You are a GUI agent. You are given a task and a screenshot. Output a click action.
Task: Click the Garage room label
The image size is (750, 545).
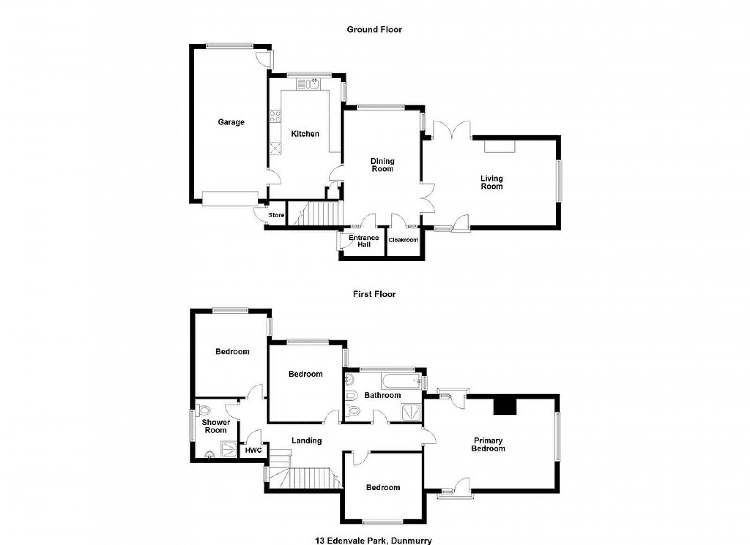pos(231,122)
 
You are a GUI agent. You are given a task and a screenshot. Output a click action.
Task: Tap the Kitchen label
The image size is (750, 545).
pos(305,134)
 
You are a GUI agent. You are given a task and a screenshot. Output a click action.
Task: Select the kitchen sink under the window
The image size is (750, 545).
pos(308,84)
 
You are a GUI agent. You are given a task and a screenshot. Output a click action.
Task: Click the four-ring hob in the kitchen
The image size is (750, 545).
pos(275,117)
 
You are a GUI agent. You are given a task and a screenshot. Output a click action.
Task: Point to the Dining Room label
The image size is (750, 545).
pos(382,165)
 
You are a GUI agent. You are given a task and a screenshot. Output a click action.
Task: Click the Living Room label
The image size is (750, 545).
pos(492,182)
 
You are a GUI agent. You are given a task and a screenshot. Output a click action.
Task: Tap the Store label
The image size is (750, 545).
pos(276,215)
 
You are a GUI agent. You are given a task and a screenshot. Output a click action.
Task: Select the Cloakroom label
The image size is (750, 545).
pos(403,240)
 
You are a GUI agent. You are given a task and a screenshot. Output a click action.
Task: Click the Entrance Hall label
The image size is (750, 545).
pos(364,241)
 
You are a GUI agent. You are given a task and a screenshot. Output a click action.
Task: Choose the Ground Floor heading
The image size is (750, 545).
pos(375,29)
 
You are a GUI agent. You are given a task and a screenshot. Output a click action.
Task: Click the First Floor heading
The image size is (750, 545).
pos(375,294)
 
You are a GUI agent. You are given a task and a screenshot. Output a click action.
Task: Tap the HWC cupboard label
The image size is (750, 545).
pos(254,450)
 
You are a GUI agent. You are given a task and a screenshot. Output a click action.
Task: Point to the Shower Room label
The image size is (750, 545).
pos(216,426)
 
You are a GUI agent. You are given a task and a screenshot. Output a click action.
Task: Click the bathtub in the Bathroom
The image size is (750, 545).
pos(400,381)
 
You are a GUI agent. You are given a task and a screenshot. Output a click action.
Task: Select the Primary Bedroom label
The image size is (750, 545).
pos(488,444)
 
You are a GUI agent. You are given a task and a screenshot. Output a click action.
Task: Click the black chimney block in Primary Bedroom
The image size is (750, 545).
pos(505,406)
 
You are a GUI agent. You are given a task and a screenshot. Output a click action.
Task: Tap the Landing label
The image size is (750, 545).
pos(307,441)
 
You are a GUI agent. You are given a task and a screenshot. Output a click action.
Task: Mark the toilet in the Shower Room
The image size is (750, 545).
pos(203,410)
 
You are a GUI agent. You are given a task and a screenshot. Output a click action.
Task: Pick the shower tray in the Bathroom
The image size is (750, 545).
pos(411,412)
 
